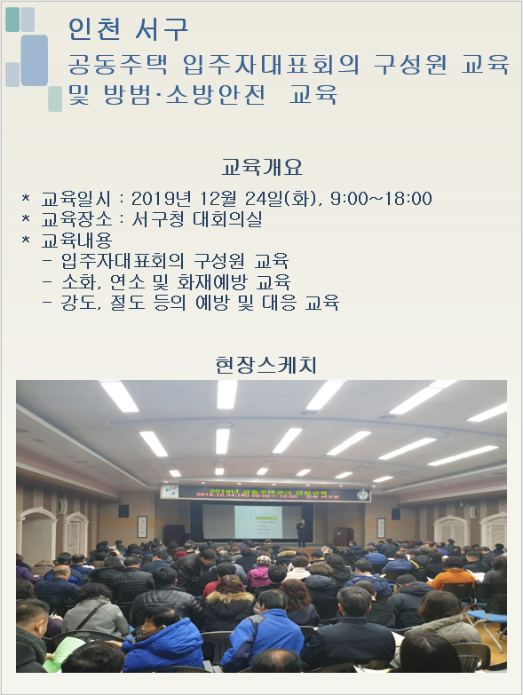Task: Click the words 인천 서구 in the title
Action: pos(129,28)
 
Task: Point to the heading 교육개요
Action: pos(262,167)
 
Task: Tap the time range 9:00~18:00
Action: pos(381,198)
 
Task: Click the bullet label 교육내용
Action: pos(76,240)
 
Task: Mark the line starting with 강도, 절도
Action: pos(200,303)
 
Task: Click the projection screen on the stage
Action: pos(242,521)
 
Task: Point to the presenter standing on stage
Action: pos(301,532)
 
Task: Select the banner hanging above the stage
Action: pos(264,492)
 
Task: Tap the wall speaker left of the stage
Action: pos(123,510)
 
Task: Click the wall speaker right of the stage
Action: pos(394,513)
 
